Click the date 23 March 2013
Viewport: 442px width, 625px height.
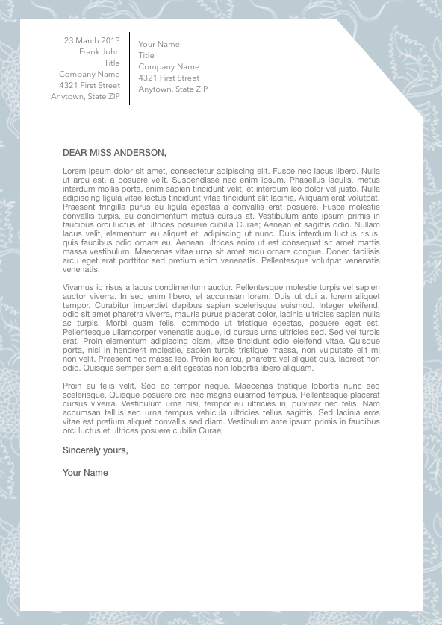point(92,40)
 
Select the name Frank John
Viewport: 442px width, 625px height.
point(99,52)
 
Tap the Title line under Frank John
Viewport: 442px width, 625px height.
point(112,63)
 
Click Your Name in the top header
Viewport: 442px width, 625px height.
point(159,45)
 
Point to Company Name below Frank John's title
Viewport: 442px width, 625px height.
point(89,75)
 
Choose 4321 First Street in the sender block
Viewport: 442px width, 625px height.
point(169,78)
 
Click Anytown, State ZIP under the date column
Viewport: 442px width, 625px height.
point(85,97)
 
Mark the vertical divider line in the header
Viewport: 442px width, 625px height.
point(130,69)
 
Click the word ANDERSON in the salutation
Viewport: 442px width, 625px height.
point(142,153)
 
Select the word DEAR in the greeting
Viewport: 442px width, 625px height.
point(75,153)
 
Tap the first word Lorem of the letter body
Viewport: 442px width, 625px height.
point(74,171)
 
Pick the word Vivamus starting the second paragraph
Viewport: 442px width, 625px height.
point(78,287)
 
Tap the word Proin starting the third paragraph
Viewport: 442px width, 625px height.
point(73,386)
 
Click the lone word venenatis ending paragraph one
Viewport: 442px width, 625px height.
point(81,269)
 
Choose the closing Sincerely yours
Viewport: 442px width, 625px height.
point(96,450)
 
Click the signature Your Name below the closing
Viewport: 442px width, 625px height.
point(85,473)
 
